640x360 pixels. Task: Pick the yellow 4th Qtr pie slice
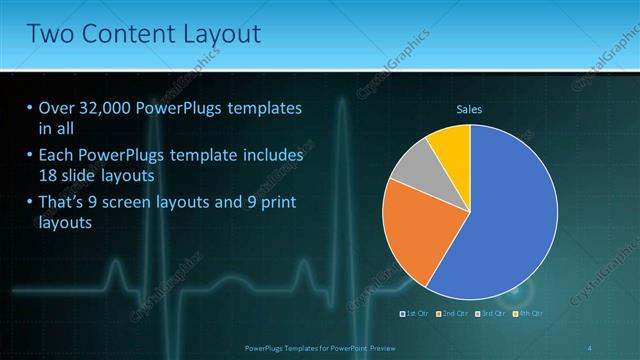click(451, 146)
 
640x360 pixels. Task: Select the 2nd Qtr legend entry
click(454, 314)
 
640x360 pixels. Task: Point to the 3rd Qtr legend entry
click(491, 314)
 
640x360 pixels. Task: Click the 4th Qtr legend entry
click(528, 314)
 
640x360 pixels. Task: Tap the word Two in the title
click(51, 34)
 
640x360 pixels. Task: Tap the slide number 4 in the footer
click(589, 347)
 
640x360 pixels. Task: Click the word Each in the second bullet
click(57, 156)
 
